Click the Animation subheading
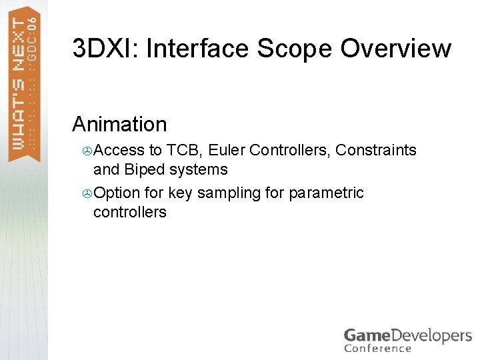[x=119, y=124]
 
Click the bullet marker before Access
[x=87, y=151]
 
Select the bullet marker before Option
[x=87, y=193]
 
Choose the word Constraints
[x=376, y=150]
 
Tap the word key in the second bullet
[x=180, y=193]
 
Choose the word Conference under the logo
[x=377, y=348]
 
